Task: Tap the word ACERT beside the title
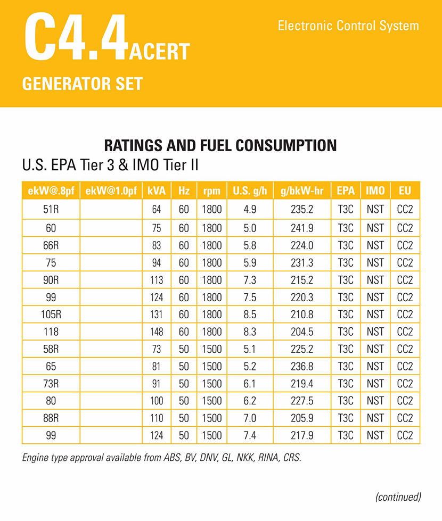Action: (159, 52)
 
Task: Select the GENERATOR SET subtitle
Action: (83, 84)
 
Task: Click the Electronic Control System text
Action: (348, 26)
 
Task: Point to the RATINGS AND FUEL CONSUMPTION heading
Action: (220, 145)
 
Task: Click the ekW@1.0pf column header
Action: (111, 191)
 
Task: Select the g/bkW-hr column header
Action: (302, 191)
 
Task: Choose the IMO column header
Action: (375, 191)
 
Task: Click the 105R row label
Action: (51, 315)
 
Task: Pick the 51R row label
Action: (51, 209)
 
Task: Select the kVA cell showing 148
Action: (157, 332)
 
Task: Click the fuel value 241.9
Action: (302, 227)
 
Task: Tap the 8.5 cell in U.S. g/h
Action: (250, 315)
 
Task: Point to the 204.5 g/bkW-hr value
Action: (302, 332)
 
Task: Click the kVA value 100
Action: (157, 401)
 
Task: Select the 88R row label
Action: (51, 419)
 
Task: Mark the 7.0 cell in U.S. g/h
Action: (250, 419)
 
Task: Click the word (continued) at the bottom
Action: (398, 497)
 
